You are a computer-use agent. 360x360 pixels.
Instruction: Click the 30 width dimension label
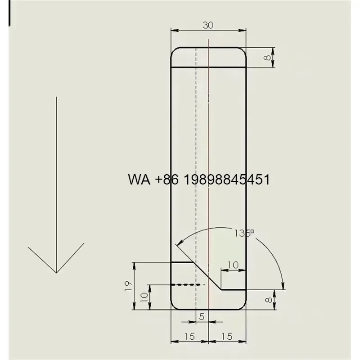[x=208, y=25]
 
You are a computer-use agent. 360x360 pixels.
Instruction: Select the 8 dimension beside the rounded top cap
[x=267, y=57]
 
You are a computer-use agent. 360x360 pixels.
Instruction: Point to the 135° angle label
[x=244, y=233]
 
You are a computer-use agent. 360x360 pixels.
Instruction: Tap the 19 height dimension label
[x=128, y=286]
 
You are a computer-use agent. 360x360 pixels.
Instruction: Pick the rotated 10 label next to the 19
[x=144, y=297]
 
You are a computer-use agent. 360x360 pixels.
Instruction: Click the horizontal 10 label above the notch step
[x=233, y=265]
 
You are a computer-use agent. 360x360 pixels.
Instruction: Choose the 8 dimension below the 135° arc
[x=268, y=300]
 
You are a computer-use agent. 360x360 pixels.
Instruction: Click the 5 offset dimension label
[x=202, y=317]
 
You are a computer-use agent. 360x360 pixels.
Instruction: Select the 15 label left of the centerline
[x=189, y=336]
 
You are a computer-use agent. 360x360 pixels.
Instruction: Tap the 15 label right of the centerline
[x=227, y=336]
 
